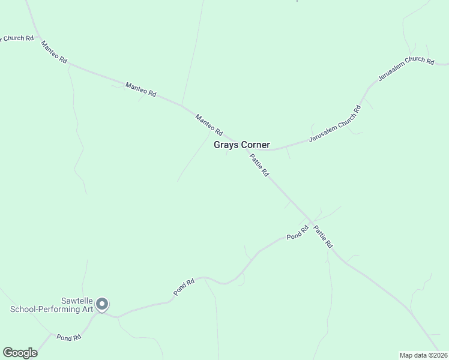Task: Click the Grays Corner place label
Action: point(242,145)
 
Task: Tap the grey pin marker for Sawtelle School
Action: point(102,305)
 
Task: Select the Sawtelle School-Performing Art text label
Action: point(53,305)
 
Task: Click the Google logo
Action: point(20,353)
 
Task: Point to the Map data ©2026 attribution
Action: point(423,355)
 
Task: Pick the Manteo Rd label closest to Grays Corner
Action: point(209,124)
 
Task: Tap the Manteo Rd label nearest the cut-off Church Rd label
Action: point(54,53)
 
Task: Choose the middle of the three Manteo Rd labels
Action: point(140,90)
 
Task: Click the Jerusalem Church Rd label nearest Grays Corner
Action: point(335,124)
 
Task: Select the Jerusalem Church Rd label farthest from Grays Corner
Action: point(406,69)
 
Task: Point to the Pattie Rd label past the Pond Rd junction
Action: point(322,236)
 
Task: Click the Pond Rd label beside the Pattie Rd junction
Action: point(297,232)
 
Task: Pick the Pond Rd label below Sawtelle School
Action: point(68,338)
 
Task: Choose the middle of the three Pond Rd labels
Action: point(184,286)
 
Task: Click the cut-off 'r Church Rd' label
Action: point(17,38)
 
